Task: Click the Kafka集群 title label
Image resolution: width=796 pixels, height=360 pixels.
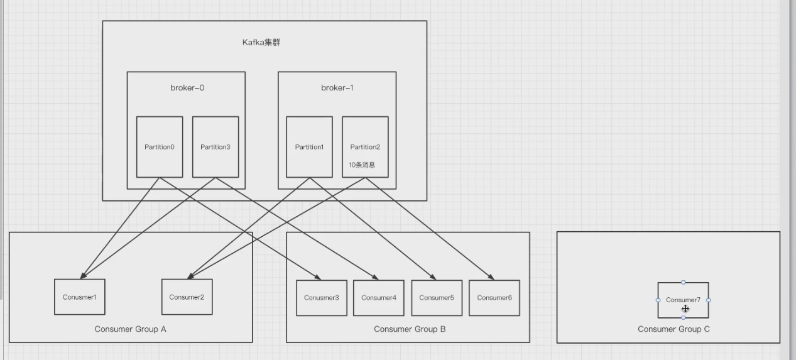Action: coord(265,43)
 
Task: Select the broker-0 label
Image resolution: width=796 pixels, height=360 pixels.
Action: coord(187,88)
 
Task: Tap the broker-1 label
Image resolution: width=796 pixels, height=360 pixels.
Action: coord(337,88)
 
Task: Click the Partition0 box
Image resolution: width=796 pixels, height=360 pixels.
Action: coord(160,147)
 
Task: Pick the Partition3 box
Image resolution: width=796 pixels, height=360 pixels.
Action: coord(215,147)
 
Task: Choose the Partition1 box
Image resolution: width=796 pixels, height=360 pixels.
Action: coord(309,147)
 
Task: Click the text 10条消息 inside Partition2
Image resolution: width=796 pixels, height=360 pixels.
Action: coord(363,165)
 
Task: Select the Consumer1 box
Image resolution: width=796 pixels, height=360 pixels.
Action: coord(80,297)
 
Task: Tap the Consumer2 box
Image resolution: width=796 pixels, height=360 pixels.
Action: coord(187,297)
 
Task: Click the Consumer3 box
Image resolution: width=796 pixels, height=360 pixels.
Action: coord(322,298)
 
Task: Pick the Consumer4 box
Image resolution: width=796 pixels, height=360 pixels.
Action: coord(379,298)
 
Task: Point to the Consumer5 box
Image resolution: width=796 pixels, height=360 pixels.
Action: coord(437,298)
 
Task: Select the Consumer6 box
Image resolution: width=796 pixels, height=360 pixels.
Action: coord(494,298)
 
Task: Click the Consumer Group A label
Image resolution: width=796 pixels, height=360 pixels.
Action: coord(131,329)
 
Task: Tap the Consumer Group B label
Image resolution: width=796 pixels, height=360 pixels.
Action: coord(410,329)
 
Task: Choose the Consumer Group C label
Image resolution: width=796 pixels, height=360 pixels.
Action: coord(673,329)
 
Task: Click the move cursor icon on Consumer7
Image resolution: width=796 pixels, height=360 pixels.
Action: coord(685,308)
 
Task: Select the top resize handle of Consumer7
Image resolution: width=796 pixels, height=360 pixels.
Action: coord(684,283)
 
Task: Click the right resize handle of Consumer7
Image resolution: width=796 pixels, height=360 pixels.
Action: coord(709,300)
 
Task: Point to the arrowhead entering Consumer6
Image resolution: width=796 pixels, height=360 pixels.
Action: coord(491,277)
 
